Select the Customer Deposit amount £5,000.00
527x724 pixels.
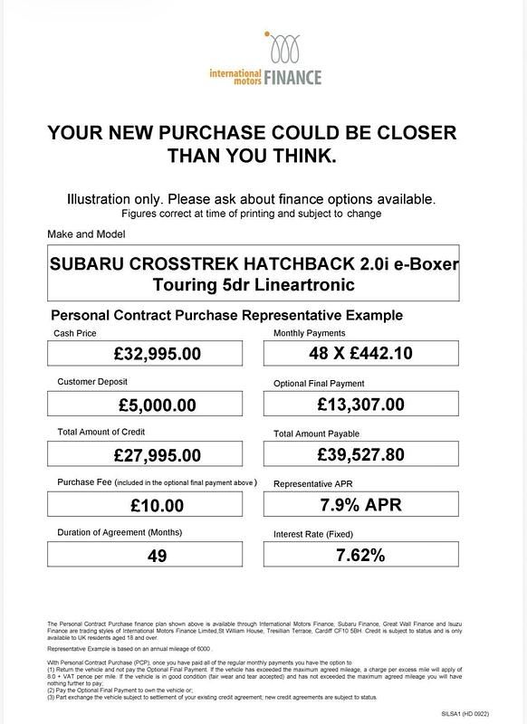pos(157,404)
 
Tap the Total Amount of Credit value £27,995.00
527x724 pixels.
pos(157,454)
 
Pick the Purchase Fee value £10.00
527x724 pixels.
pos(157,504)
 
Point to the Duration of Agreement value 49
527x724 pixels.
pos(157,555)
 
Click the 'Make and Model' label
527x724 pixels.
pos(86,234)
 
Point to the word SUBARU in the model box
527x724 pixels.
pos(87,266)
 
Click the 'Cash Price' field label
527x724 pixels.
pos(76,334)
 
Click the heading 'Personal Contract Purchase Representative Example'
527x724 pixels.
pos(226,316)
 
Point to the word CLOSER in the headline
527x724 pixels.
pos(405,132)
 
